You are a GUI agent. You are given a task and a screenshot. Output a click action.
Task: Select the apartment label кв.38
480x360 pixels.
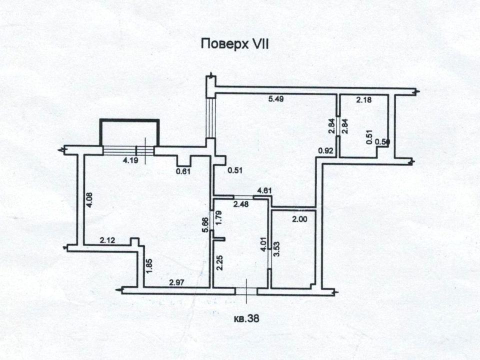pyautogui.click(x=247, y=317)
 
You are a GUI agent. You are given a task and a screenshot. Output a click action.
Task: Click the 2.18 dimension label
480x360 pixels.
pyautogui.click(x=363, y=100)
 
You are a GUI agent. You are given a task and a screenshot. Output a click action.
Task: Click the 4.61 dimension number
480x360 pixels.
pyautogui.click(x=264, y=190)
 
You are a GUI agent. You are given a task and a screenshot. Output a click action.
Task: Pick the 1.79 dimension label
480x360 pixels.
pyautogui.click(x=218, y=217)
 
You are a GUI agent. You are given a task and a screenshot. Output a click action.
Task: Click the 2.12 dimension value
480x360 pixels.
pyautogui.click(x=108, y=240)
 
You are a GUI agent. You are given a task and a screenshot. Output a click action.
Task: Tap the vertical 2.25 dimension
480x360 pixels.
pyautogui.click(x=218, y=262)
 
